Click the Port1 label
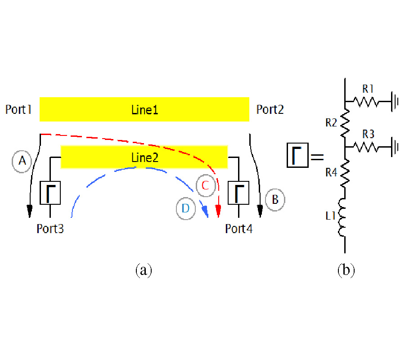pos(18,109)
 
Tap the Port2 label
pos(270,109)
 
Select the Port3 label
pos(50,229)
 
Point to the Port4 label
pos(239,229)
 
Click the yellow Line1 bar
pos(144,109)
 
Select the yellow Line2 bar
pos(144,157)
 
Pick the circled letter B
pos(275,198)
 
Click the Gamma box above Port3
pos(50,193)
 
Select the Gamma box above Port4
pos(238,193)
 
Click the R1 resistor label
pos(368,89)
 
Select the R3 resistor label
pos(368,134)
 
